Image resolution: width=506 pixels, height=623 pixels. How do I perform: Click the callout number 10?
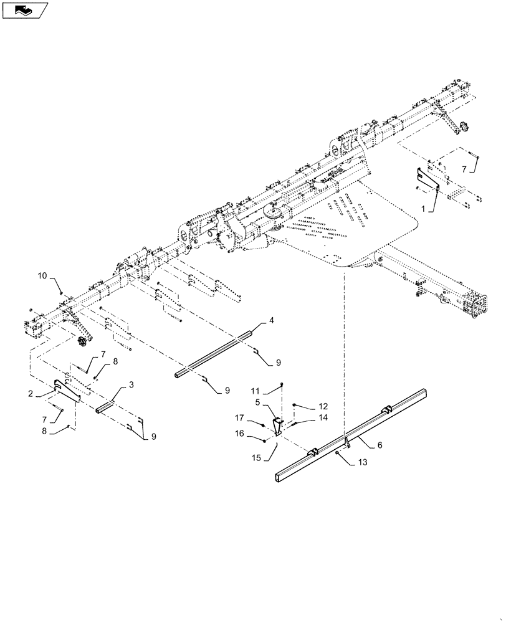pyautogui.click(x=42, y=275)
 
